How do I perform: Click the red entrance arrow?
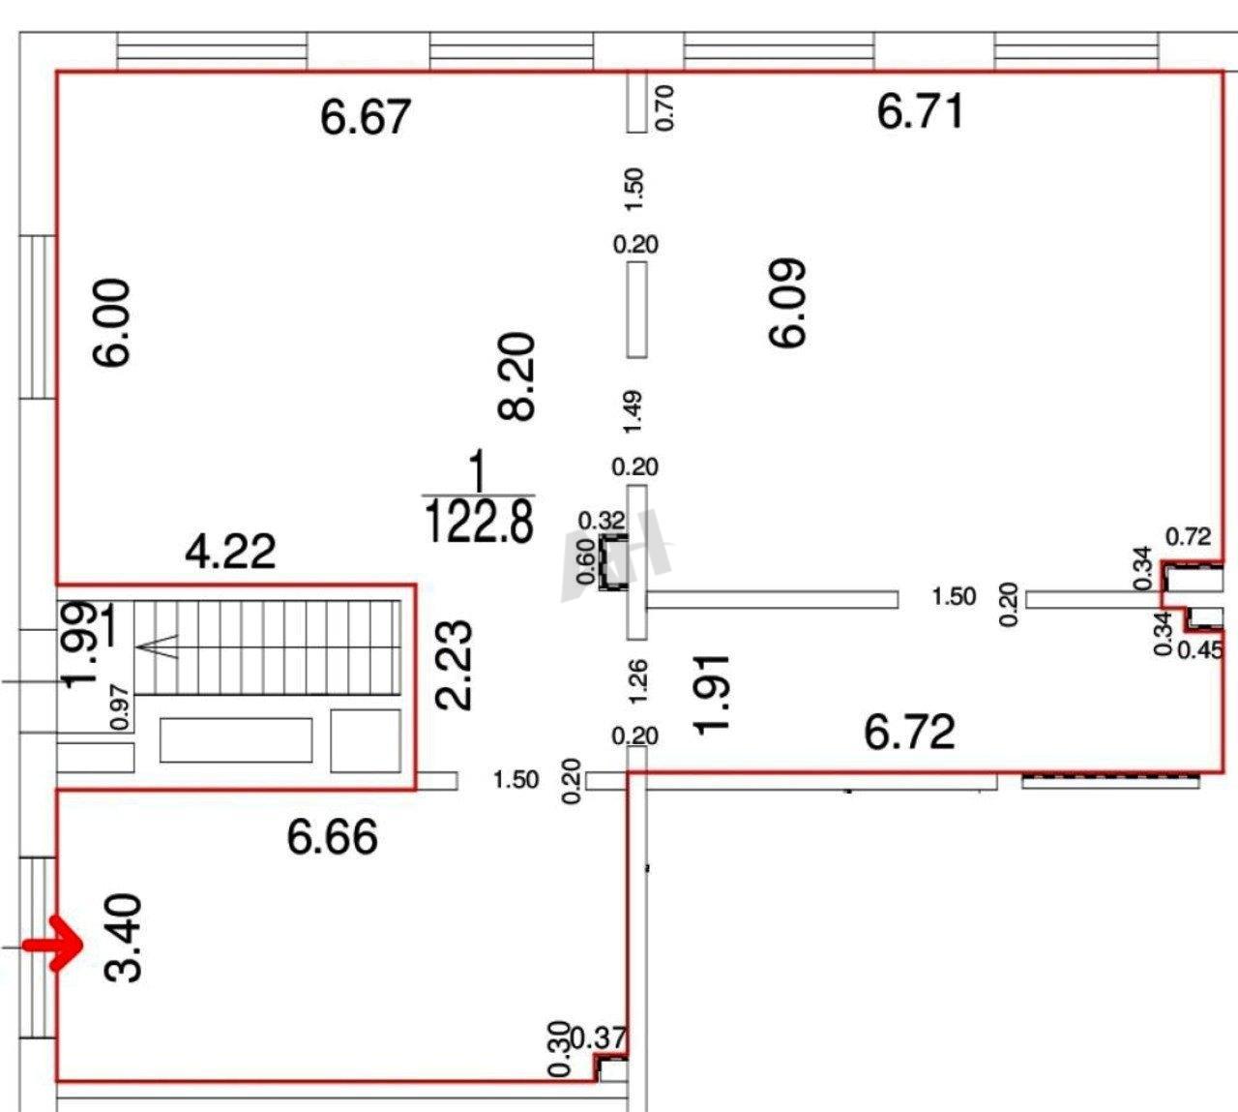coord(54,945)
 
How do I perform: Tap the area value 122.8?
coord(479,522)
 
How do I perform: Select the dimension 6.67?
coord(366,117)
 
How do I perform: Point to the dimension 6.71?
coord(920,110)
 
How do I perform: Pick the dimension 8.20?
coord(516,376)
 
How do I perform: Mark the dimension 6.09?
coord(786,303)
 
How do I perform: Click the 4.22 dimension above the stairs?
coord(230,552)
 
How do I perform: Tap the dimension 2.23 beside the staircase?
coord(454,666)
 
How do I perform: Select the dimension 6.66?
coord(333,837)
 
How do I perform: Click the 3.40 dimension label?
coord(124,939)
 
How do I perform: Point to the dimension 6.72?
coord(909,733)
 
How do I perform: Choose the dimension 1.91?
coord(711,694)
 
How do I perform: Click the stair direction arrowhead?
coord(158,646)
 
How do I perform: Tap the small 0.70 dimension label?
coord(664,107)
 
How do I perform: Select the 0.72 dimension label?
coord(1189,536)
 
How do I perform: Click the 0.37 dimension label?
coord(599,1038)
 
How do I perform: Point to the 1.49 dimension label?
coord(633,411)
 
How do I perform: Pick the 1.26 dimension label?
coord(637,680)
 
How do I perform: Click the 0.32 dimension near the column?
coord(602,521)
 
